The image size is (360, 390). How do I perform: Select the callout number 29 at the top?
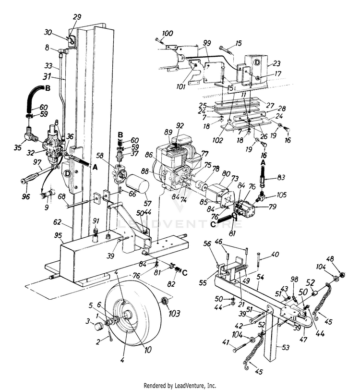[x=77, y=17]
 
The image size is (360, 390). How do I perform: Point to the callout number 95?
[x=59, y=235]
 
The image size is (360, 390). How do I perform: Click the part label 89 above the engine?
[x=168, y=131]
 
